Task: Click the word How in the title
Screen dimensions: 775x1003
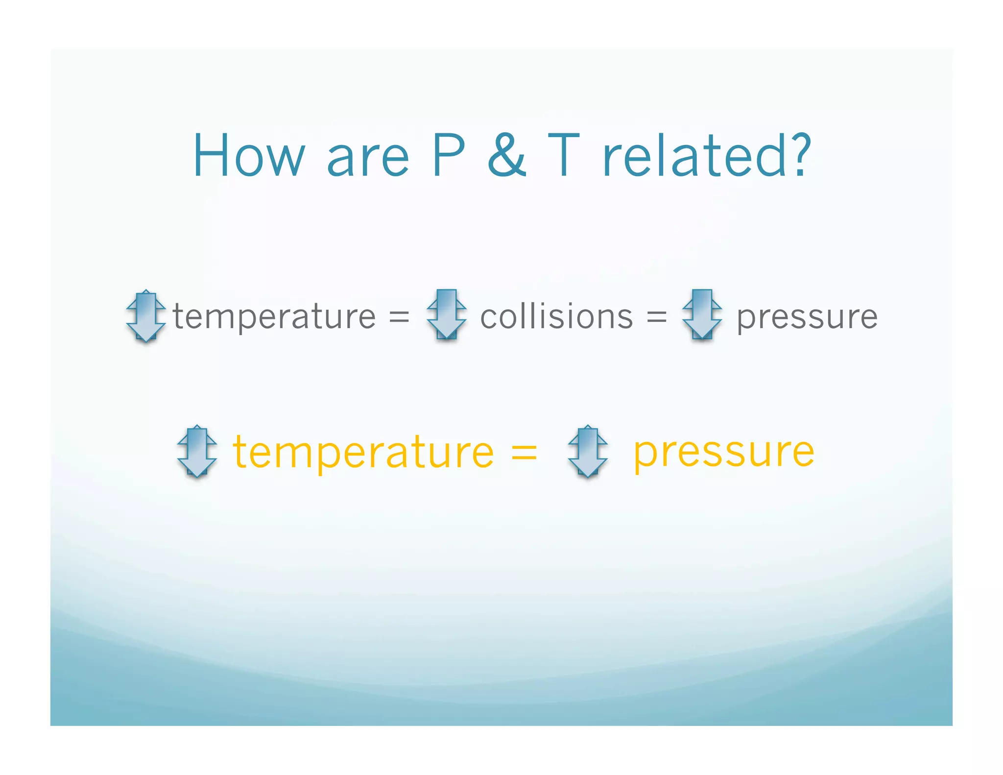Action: pyautogui.click(x=249, y=156)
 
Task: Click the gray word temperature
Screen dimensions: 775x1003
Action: pyautogui.click(x=274, y=317)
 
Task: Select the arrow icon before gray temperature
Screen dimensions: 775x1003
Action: pyautogui.click(x=146, y=315)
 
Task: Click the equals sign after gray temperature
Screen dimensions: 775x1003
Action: pyautogui.click(x=399, y=316)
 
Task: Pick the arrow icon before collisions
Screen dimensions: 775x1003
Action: pyautogui.click(x=446, y=315)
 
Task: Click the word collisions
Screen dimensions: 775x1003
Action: pyautogui.click(x=556, y=315)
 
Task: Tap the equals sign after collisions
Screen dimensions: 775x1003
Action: pyautogui.click(x=656, y=316)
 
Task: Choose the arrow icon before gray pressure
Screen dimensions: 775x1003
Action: pyautogui.click(x=702, y=315)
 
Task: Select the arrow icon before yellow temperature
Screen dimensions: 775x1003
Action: pyautogui.click(x=197, y=451)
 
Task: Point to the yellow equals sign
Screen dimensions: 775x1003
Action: pyautogui.click(x=524, y=452)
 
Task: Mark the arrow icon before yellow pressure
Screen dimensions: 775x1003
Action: pyautogui.click(x=588, y=451)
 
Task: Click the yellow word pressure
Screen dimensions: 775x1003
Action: pyautogui.click(x=724, y=454)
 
